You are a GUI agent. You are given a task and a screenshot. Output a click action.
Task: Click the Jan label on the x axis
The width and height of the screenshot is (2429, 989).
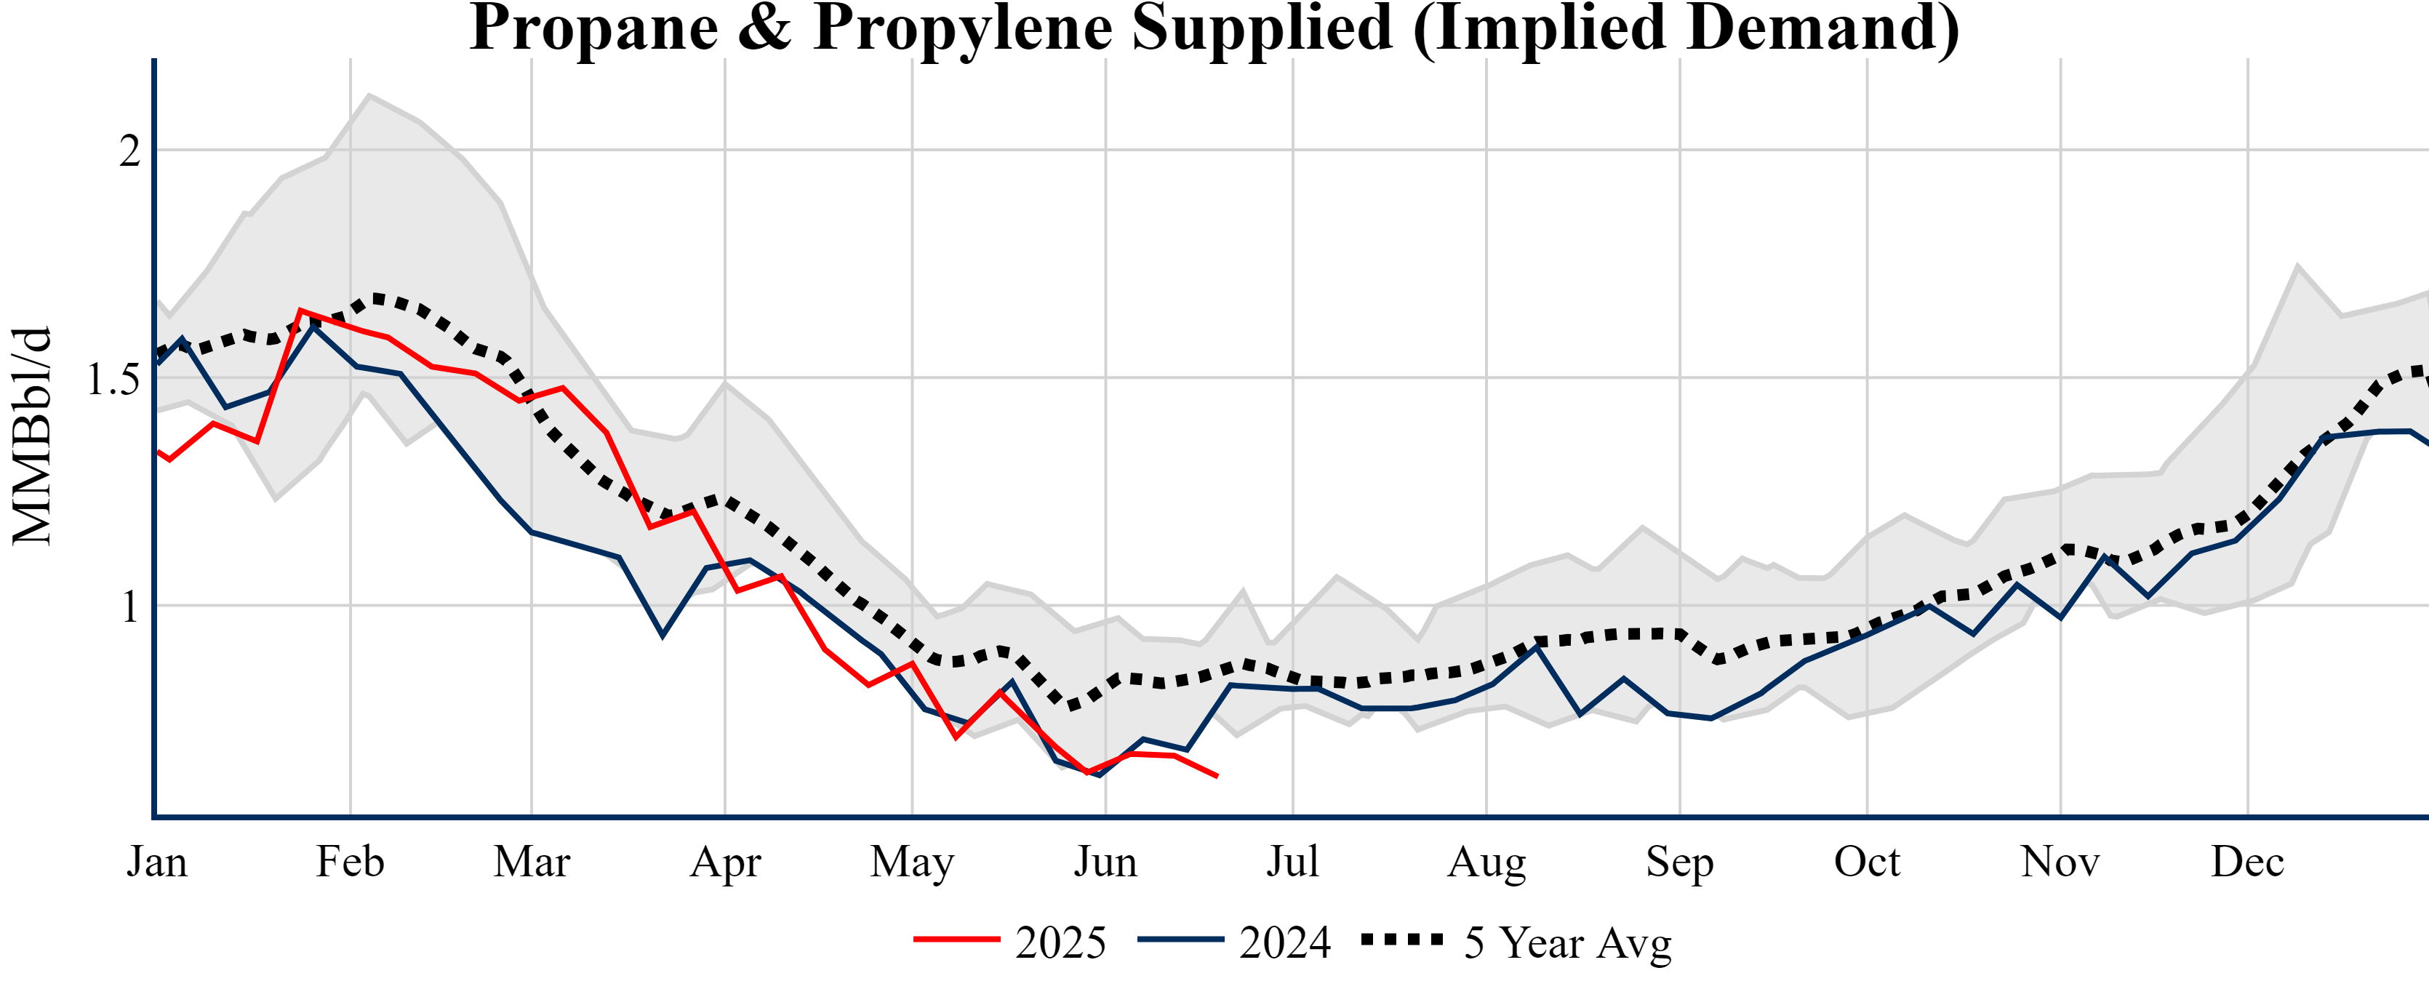coord(156,862)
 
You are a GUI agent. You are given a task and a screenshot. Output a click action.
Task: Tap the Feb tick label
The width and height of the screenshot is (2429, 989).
coord(350,862)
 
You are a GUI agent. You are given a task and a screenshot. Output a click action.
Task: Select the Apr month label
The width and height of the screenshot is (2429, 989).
coord(724,862)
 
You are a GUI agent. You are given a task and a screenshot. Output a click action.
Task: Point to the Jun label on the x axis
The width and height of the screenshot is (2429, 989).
coord(1105,862)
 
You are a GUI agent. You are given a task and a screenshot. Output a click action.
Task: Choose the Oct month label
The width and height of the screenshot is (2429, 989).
coord(1867,862)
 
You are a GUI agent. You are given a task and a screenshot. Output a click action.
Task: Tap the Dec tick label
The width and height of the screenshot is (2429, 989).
coord(2247,862)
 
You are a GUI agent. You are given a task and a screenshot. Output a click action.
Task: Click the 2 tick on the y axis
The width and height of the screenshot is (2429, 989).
coord(129,151)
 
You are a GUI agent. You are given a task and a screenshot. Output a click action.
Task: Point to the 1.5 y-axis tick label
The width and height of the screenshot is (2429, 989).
coord(113,379)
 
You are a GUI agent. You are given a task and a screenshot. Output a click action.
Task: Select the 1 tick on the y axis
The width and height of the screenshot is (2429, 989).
coord(131,607)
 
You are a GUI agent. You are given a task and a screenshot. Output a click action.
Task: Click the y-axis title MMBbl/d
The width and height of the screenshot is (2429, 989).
coord(32,436)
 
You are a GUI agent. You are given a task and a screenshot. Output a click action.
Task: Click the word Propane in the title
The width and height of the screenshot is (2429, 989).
coord(594,28)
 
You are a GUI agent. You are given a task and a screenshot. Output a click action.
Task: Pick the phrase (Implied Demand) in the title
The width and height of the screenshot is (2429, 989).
coord(1686,28)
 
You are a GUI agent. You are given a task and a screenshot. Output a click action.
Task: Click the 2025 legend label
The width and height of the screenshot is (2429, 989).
coord(1060,942)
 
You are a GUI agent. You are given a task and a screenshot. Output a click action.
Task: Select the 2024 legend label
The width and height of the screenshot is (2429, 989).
coord(1284,942)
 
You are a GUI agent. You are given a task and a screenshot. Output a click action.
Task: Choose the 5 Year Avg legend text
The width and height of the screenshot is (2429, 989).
coord(1567,942)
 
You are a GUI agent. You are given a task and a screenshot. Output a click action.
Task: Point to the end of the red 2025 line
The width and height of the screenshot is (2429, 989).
coord(1217,776)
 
